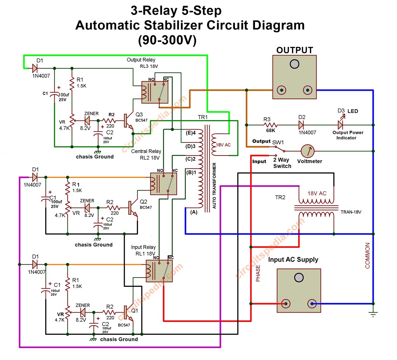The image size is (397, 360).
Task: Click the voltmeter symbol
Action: click(x=308, y=151)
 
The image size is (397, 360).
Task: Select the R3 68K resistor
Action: click(x=270, y=125)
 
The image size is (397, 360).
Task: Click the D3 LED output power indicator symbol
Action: click(x=341, y=125)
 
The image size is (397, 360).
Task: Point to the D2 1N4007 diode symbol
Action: click(x=301, y=125)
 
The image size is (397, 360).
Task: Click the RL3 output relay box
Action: click(x=155, y=92)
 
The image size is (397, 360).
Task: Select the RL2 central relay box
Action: click(x=163, y=184)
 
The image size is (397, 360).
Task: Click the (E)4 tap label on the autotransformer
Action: click(x=191, y=133)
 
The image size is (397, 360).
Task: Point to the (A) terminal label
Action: click(x=194, y=212)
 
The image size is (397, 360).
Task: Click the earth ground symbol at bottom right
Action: click(x=373, y=314)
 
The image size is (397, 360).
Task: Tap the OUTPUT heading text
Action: click(x=295, y=50)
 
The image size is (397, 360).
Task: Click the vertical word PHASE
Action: click(x=258, y=273)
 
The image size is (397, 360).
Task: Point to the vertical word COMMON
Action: click(x=368, y=255)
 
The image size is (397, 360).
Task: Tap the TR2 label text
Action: click(x=280, y=197)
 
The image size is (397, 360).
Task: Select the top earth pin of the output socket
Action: click(x=294, y=64)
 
